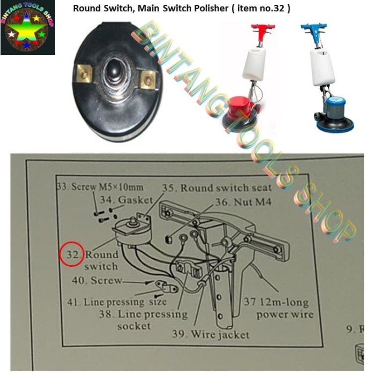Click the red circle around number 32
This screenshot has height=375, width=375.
[x=71, y=253]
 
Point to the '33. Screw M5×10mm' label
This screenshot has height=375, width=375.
[x=100, y=187]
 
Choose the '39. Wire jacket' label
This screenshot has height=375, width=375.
[x=211, y=334]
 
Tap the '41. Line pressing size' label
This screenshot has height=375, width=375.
[x=114, y=302]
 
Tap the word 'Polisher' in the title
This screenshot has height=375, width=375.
[x=207, y=9]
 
